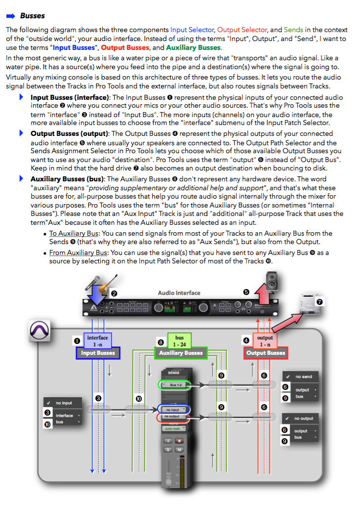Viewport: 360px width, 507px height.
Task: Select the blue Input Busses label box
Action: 98,353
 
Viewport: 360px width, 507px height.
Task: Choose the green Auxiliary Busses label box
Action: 180,353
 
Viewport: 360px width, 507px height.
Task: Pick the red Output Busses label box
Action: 266,353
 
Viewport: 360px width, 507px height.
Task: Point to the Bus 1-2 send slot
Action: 174,384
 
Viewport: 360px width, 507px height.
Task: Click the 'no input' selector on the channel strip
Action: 173,409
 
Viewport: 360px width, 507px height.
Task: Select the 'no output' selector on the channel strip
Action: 173,417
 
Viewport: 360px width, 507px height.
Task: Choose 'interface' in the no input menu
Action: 65,415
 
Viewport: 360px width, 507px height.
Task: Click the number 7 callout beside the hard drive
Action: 320,301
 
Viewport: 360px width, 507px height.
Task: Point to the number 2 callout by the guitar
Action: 114,293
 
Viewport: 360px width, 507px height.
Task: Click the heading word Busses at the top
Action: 33,16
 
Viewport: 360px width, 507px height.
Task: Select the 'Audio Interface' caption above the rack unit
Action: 179,293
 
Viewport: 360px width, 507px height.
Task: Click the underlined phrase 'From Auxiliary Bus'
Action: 78,253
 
